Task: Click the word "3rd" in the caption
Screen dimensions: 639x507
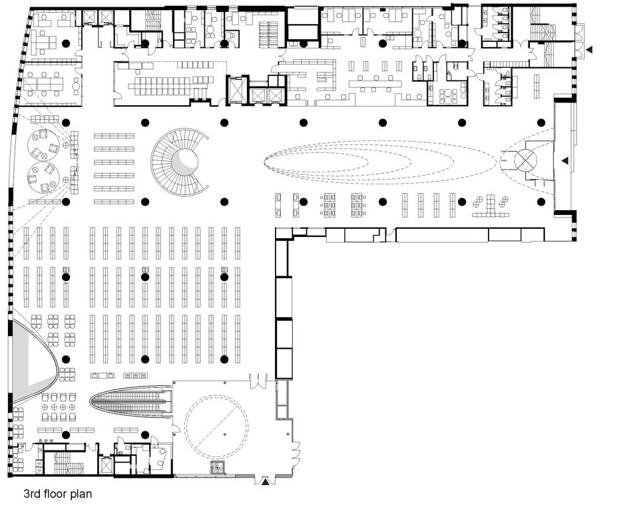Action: point(31,494)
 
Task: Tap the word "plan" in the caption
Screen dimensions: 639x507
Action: point(83,494)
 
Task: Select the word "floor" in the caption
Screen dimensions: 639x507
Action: point(57,494)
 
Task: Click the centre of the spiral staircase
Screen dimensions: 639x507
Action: point(185,162)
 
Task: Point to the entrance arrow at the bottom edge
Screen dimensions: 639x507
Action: point(265,482)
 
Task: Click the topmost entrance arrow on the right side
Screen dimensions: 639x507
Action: point(589,50)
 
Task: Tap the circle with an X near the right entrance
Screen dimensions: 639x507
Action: point(525,160)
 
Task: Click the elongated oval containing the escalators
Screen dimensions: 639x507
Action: point(131,401)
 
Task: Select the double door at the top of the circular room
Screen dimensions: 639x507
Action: point(258,381)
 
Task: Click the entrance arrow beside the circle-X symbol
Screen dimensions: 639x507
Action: point(565,160)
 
